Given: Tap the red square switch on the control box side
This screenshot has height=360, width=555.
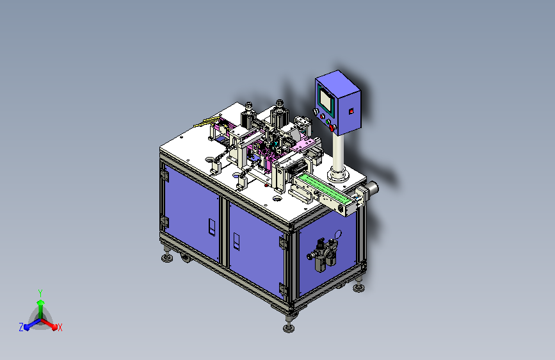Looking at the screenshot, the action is [x=351, y=111].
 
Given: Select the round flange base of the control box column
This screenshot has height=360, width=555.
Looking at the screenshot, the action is [x=338, y=174].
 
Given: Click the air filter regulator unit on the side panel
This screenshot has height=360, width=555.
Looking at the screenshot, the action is [x=323, y=254].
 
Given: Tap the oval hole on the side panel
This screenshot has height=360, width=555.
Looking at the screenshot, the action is [x=338, y=234].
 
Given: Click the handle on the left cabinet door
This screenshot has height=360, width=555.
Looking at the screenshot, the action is [x=212, y=227].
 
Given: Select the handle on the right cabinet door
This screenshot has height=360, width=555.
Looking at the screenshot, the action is [x=236, y=241].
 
